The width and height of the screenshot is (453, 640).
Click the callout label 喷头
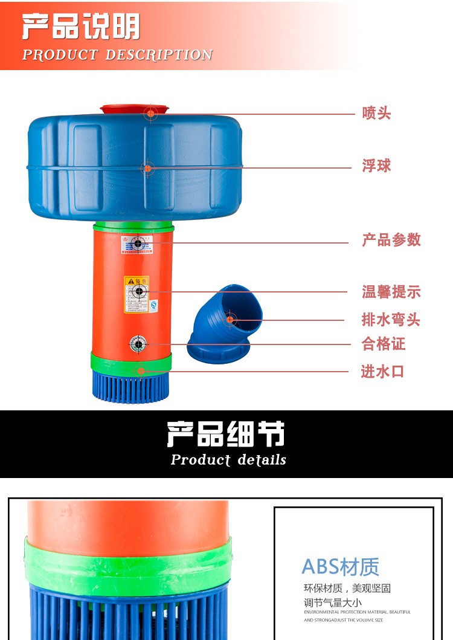coord(376,113)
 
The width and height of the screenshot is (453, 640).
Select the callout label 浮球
coord(376,166)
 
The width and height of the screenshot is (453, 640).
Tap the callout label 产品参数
coord(391,240)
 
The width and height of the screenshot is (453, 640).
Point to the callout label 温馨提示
coord(391,293)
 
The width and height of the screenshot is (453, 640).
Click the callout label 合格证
coord(384,344)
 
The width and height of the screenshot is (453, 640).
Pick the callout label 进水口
coord(382,372)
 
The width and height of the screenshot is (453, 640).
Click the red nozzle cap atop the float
coord(134,109)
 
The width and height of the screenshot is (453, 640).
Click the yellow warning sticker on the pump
coord(137,294)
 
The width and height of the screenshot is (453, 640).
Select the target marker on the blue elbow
coord(230,319)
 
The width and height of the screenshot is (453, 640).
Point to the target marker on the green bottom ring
coord(141,371)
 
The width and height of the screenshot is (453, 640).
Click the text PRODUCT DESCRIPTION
coord(117,55)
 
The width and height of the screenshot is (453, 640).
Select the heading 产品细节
coord(226,433)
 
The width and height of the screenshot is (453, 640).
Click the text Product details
coord(228,460)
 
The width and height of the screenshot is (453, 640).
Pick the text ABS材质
coord(340,567)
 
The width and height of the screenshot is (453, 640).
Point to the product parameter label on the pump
coord(137,244)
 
